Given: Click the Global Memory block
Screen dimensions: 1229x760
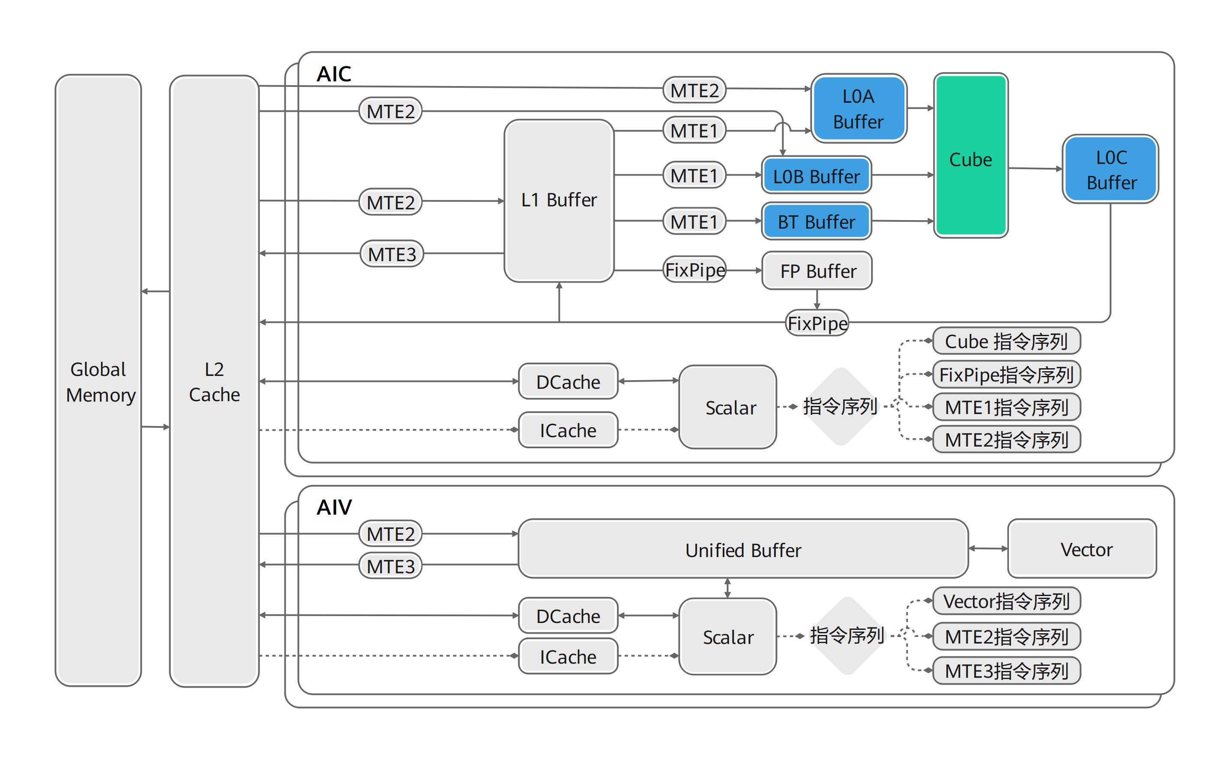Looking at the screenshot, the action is point(98,380).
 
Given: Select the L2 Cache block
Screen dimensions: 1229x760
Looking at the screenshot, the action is point(214,381).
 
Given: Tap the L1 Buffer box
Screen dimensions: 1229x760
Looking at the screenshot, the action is point(559,200).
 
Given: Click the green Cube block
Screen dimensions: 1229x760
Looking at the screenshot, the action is point(971,155).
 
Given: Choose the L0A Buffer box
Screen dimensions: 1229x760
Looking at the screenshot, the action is point(859,109).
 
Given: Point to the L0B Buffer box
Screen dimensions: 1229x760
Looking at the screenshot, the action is point(816,175).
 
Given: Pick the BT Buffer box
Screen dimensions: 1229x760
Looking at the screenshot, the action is point(816,221).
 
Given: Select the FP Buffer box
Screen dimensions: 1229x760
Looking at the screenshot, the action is point(817,271).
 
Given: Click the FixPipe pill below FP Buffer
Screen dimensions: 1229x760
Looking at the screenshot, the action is point(817,323).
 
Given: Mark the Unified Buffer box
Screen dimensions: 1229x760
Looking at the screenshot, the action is point(743,548).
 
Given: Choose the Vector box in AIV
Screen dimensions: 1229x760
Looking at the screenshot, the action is point(1082,548).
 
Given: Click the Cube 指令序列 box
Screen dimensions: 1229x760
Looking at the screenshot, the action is point(1007,341).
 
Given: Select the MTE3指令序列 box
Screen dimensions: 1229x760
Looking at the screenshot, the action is point(1007,671).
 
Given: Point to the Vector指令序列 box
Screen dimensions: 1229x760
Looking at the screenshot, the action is point(1007,601).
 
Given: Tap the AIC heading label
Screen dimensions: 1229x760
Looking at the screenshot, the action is point(334,74).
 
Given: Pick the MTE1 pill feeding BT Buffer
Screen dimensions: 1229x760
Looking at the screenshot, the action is point(694,221).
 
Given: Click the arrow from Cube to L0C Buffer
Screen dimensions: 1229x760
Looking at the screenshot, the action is point(1035,168).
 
